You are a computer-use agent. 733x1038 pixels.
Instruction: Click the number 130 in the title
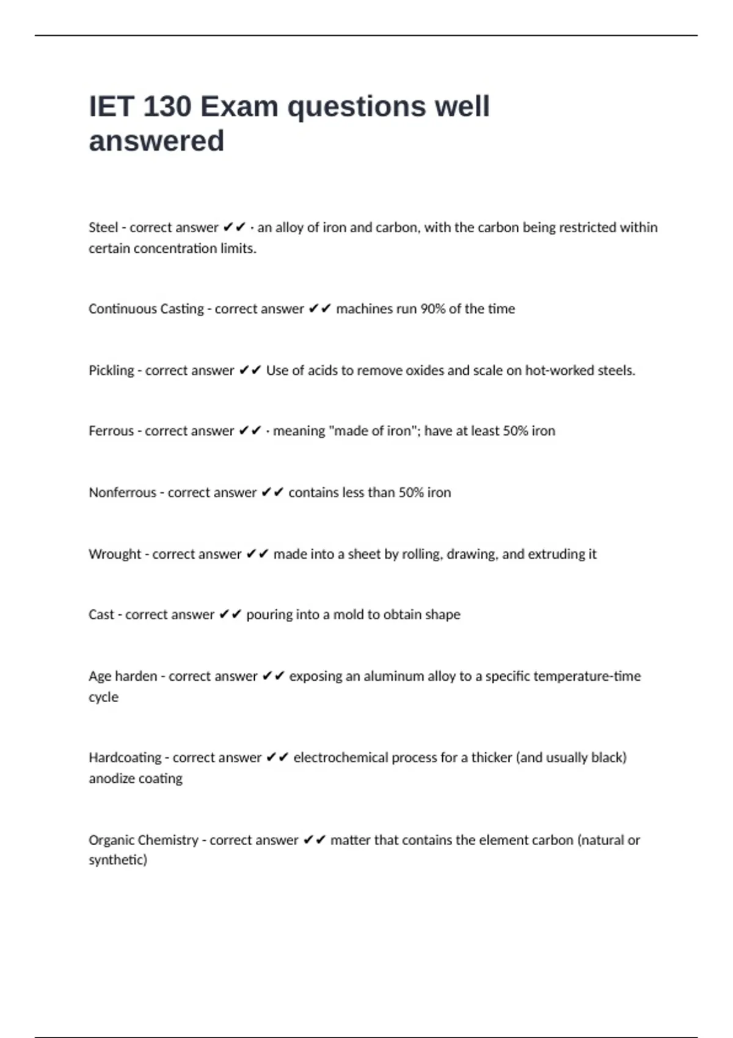coord(167,107)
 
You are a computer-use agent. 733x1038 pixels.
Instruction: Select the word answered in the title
coord(156,141)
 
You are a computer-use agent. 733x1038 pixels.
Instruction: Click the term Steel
coord(103,228)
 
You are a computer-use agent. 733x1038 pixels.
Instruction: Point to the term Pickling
coord(111,371)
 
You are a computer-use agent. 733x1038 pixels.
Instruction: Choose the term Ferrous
coord(111,431)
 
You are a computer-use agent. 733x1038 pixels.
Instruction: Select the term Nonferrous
coord(122,493)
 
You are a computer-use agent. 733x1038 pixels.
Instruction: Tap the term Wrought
coord(114,554)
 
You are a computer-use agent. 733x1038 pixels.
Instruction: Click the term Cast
coord(101,615)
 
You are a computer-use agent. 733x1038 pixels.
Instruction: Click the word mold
coord(348,615)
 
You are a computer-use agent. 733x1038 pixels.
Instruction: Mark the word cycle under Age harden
coord(103,697)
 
